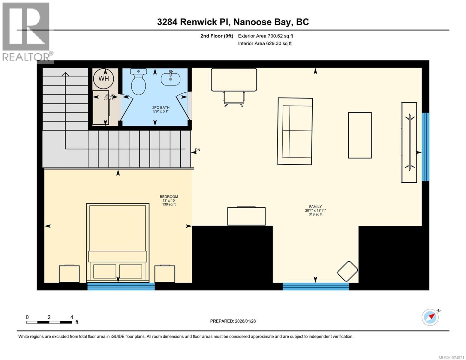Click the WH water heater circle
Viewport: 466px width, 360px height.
coord(104,79)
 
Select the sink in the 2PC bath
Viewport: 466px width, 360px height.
coord(170,79)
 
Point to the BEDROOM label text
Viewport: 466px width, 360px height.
coord(169,197)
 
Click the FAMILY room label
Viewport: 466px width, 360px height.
coord(315,207)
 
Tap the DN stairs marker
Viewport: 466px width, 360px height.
coord(197,150)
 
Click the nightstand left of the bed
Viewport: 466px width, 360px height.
coord(69,274)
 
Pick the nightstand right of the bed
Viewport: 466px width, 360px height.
coord(165,274)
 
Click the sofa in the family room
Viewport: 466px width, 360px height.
coord(295,131)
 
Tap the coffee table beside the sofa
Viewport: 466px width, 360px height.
coord(360,135)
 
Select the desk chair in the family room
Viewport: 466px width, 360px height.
coord(234,98)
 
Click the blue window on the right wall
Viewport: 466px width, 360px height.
coord(425,147)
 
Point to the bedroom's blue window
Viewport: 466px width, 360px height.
coord(121,286)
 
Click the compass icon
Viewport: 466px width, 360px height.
coord(430,317)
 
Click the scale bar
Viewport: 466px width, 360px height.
coord(49,322)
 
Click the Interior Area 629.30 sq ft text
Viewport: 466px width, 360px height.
coord(265,43)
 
